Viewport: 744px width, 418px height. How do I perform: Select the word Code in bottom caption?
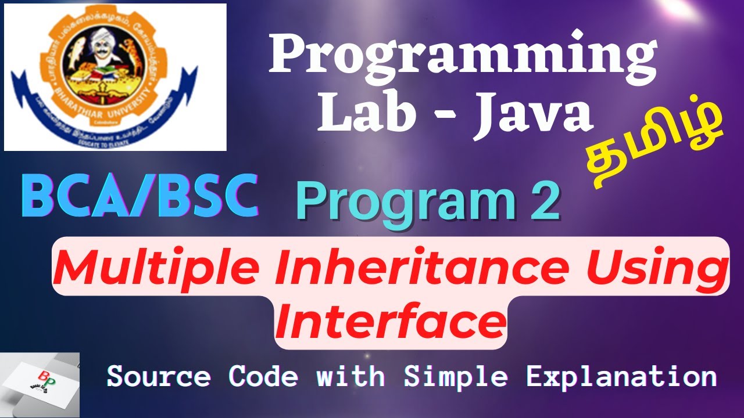(x=263, y=377)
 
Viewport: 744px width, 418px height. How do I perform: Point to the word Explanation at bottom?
(x=621, y=377)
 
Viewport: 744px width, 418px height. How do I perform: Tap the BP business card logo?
(x=40, y=385)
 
